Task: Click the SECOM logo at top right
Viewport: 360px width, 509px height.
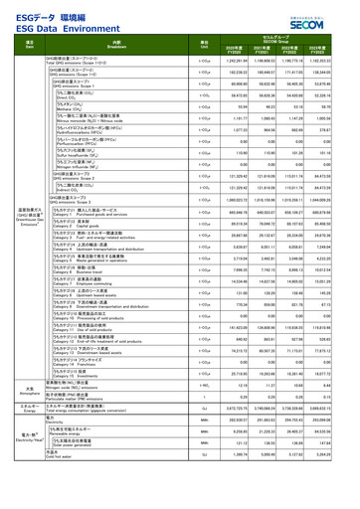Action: (x=323, y=16)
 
